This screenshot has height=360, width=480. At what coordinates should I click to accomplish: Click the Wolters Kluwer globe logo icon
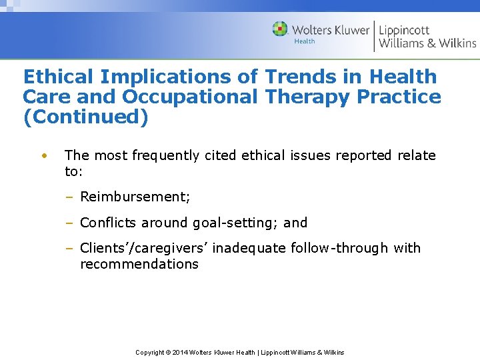pyautogui.click(x=280, y=29)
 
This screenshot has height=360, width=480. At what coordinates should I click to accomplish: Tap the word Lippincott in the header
pyautogui.click(x=404, y=30)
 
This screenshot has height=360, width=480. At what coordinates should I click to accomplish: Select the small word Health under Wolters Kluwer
pyautogui.click(x=305, y=41)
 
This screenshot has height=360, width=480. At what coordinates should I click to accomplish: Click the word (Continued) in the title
pyautogui.click(x=85, y=117)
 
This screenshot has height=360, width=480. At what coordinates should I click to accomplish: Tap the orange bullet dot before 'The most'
pyautogui.click(x=43, y=156)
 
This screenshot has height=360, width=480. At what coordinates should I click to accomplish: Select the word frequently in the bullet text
pyautogui.click(x=165, y=155)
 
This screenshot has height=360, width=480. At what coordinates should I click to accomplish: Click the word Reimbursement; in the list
pyautogui.click(x=135, y=197)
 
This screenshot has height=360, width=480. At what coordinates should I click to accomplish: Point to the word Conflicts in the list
pyautogui.click(x=109, y=223)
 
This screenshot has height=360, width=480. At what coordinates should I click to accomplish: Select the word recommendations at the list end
pyautogui.click(x=139, y=264)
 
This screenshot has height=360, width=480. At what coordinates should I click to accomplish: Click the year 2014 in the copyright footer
pyautogui.click(x=179, y=352)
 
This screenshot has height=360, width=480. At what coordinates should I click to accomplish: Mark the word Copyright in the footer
pyautogui.click(x=149, y=352)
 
